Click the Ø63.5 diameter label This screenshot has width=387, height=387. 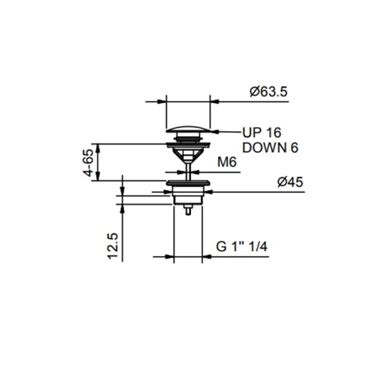(x=269, y=92)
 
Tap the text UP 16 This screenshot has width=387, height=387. (x=262, y=133)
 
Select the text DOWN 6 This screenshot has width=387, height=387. (x=270, y=148)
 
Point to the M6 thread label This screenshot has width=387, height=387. (x=227, y=162)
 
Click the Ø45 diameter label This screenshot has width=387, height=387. (x=290, y=182)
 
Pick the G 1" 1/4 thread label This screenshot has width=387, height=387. (x=242, y=247)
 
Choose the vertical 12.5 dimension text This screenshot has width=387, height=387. (x=113, y=246)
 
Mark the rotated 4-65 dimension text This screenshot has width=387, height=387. (x=88, y=163)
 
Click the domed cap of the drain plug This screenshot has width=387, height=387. (x=188, y=129)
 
